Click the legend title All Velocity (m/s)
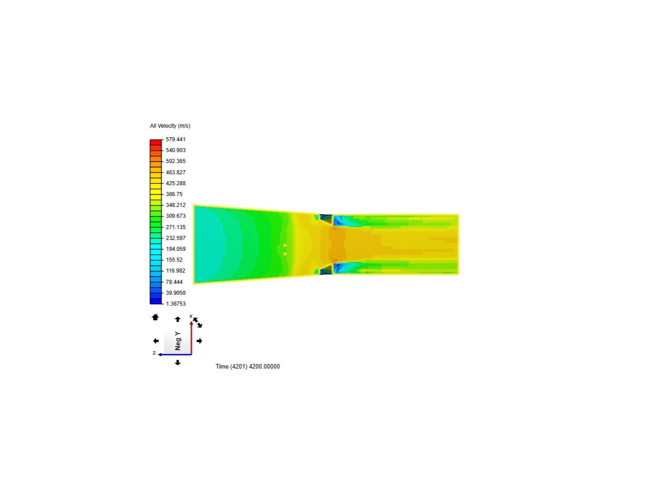[x=170, y=126]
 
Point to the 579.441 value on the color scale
[x=176, y=139]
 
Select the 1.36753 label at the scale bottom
[x=176, y=304]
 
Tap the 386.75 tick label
[x=174, y=194]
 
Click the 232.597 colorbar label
[x=176, y=238]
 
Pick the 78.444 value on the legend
[x=174, y=282]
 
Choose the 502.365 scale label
[x=176, y=161]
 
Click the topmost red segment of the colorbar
[x=156, y=142]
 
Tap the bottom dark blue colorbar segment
[x=156, y=302]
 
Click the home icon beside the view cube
[x=155, y=317]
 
